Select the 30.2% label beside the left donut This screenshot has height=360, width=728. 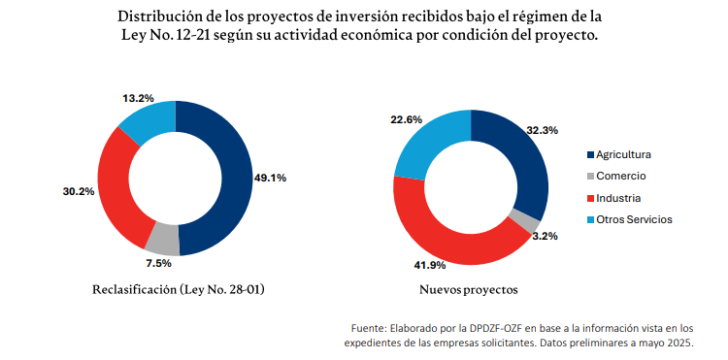click(79, 191)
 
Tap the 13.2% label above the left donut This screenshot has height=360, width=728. click(139, 98)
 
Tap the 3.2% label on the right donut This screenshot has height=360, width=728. click(545, 236)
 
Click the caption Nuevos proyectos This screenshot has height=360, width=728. click(469, 289)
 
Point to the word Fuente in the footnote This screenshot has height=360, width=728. click(368, 328)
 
